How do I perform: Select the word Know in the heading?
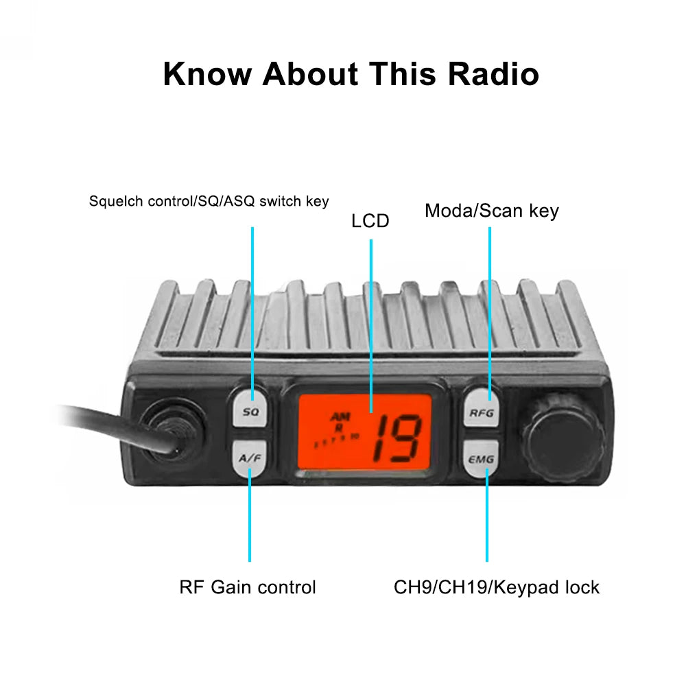[x=207, y=74]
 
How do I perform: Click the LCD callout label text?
[x=370, y=221]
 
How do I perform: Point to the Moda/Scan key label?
[x=491, y=211]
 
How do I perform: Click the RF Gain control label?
[x=248, y=587]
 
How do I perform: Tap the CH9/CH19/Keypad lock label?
[x=497, y=587]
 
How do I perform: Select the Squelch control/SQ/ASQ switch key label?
[x=209, y=202]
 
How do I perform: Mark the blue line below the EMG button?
[x=487, y=521]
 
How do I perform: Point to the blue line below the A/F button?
[x=250, y=521]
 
